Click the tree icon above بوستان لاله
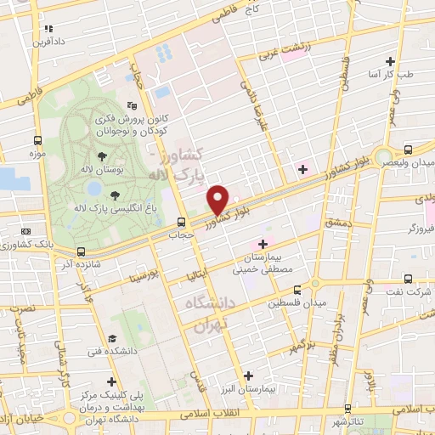coord(102,156)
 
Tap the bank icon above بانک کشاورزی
coord(25,231)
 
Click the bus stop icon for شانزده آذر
coord(81,251)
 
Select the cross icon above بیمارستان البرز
coord(248,375)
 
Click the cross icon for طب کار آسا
coord(390,61)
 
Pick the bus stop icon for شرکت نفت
coord(409,278)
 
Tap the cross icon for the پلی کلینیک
coord(111,381)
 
